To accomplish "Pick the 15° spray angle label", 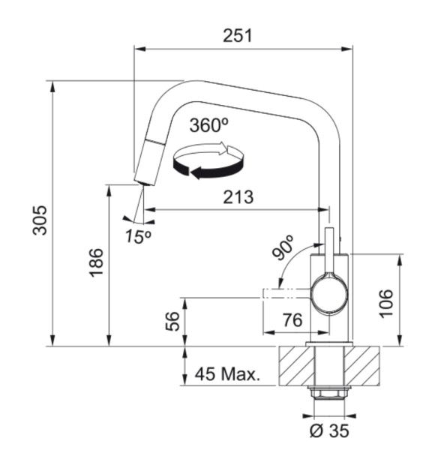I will tap(139, 235).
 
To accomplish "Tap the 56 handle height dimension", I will tap(173, 321).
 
